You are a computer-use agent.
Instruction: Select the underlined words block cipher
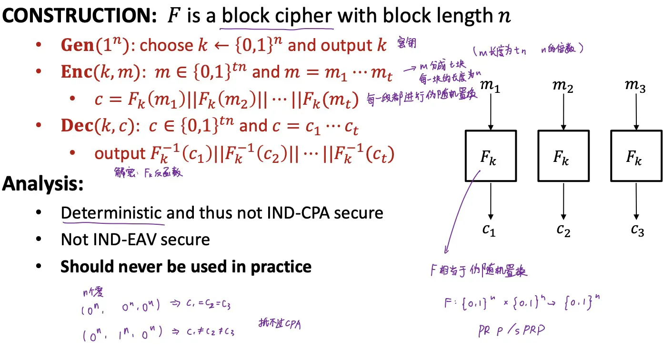pyautogui.click(x=277, y=17)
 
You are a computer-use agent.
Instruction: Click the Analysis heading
pyautogui.click(x=43, y=184)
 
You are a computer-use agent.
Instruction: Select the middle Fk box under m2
pyautogui.click(x=563, y=156)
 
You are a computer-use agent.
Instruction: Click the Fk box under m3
pyautogui.click(x=636, y=156)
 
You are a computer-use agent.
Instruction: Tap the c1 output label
pyautogui.click(x=489, y=230)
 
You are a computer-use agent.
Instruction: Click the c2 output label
pyautogui.click(x=563, y=230)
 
